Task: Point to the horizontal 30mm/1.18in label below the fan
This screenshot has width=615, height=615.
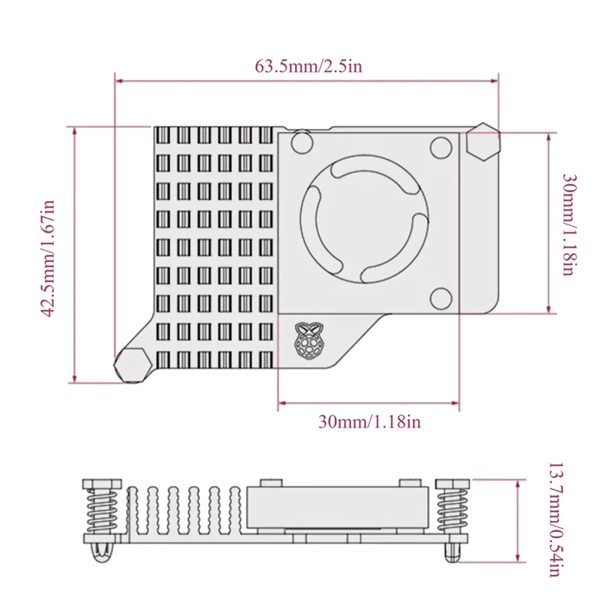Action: [x=369, y=421]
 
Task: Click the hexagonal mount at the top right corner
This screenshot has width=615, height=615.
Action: [x=483, y=141]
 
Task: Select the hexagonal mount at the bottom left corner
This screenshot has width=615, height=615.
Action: [x=131, y=364]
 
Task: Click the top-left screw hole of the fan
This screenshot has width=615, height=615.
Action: [x=302, y=142]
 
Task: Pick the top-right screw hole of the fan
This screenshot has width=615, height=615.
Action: [x=441, y=145]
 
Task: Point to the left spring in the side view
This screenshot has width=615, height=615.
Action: [x=99, y=510]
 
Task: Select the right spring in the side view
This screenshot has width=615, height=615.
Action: [x=450, y=510]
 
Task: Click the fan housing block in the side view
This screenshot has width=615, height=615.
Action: [x=335, y=507]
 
